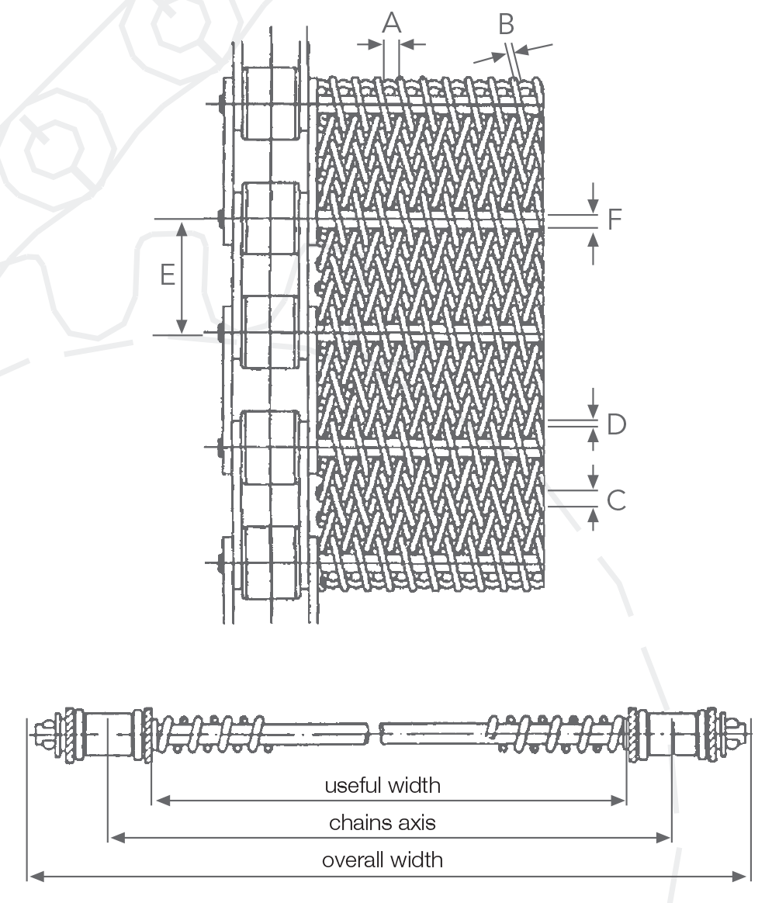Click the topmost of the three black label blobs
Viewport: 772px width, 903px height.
tap(381, 778)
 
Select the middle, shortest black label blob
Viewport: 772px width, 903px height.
tap(381, 820)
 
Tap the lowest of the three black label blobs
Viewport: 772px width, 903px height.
tap(381, 860)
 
